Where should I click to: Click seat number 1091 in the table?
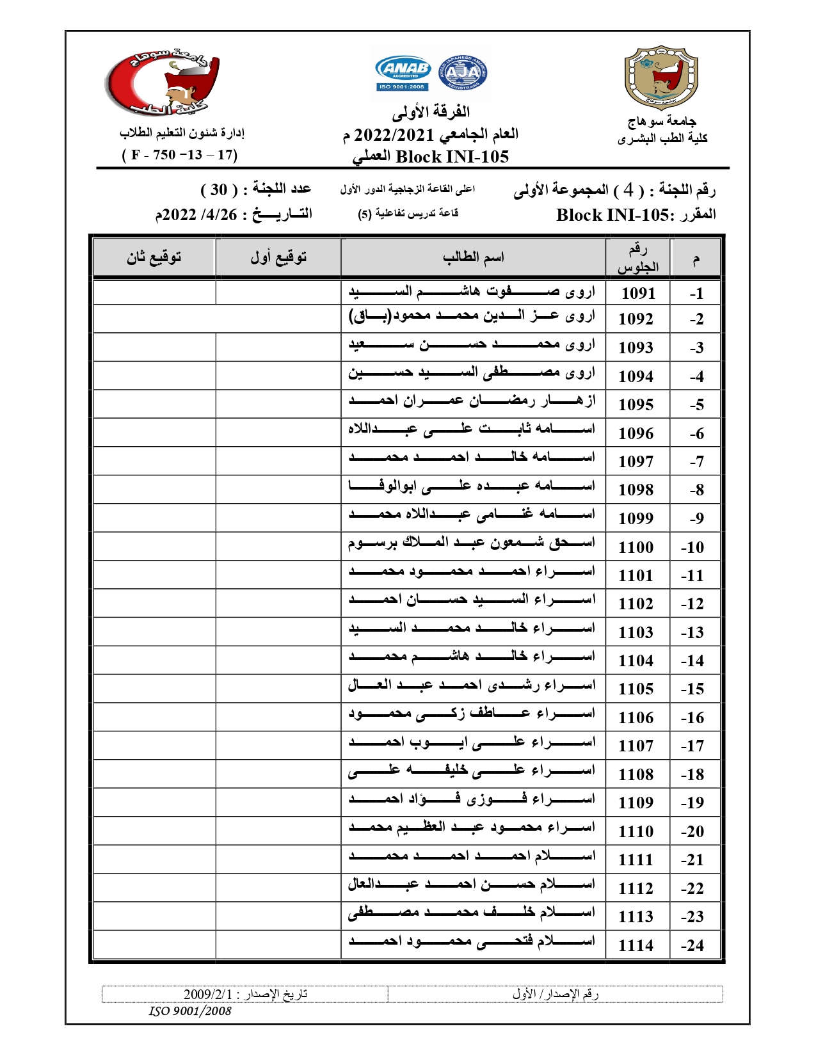point(638,293)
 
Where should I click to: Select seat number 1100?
point(636,547)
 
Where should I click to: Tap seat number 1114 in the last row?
point(636,945)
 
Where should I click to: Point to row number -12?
point(692,604)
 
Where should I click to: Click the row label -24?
point(692,945)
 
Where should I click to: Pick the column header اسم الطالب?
point(473,257)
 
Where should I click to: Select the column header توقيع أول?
point(278,257)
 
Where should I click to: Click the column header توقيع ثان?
point(154,257)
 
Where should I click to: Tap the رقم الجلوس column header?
point(637,258)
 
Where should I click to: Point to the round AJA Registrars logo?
point(463,74)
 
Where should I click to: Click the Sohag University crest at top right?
point(660,77)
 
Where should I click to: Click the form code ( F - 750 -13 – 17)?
point(180,155)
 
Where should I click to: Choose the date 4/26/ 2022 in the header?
point(197,215)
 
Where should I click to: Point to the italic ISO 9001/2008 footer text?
point(190,1011)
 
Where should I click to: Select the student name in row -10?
point(472,543)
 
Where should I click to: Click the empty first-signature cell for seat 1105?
point(278,689)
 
